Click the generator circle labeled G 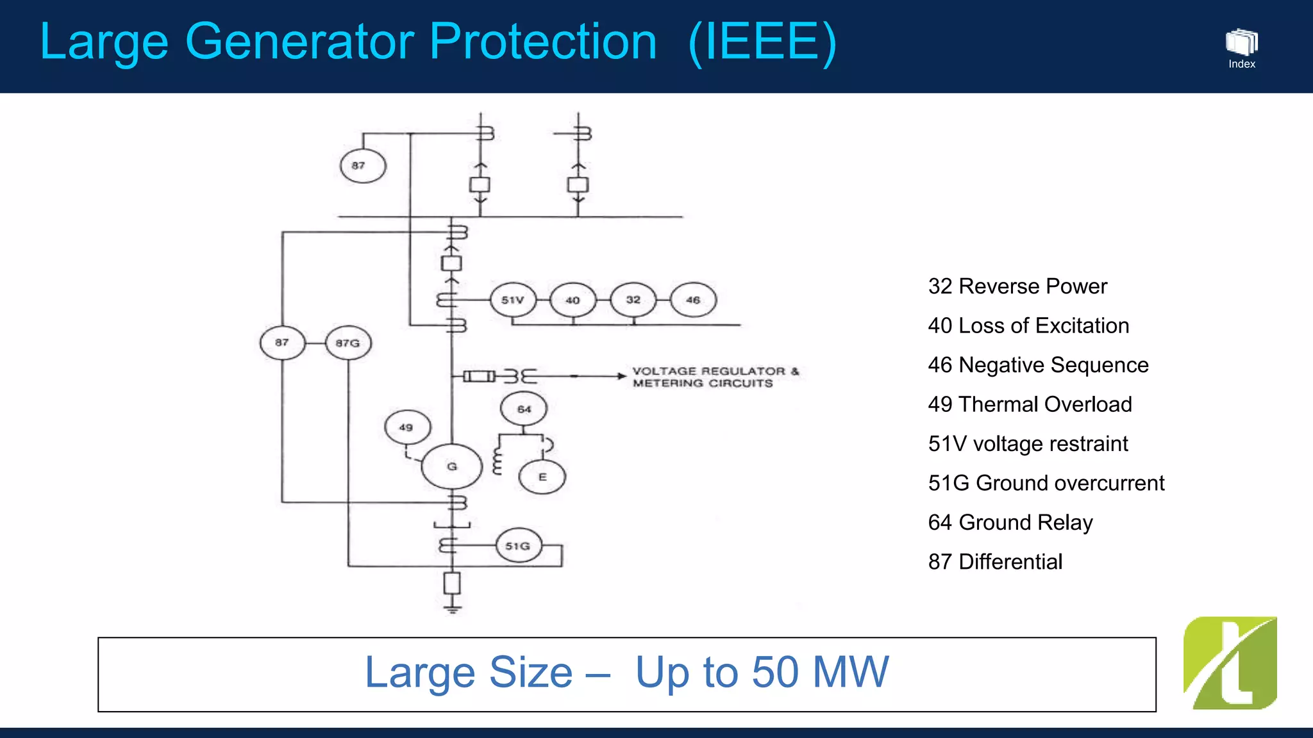tap(451, 466)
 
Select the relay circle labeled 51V tap(513, 300)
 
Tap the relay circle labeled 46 tap(693, 300)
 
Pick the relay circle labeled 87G tap(348, 343)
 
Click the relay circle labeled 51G tap(518, 546)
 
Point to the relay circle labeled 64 tap(524, 409)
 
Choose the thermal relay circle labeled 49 tap(407, 427)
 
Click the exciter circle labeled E tap(542, 477)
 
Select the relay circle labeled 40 tap(573, 300)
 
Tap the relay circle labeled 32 tap(633, 300)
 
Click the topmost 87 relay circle tap(362, 165)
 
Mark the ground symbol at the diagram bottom tap(453, 607)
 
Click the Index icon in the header tap(1242, 48)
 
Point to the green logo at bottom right tap(1230, 663)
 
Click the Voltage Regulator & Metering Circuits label tap(714, 377)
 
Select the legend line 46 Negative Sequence tap(1038, 365)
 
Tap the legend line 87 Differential tap(995, 562)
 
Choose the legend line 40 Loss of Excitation tap(1028, 325)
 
